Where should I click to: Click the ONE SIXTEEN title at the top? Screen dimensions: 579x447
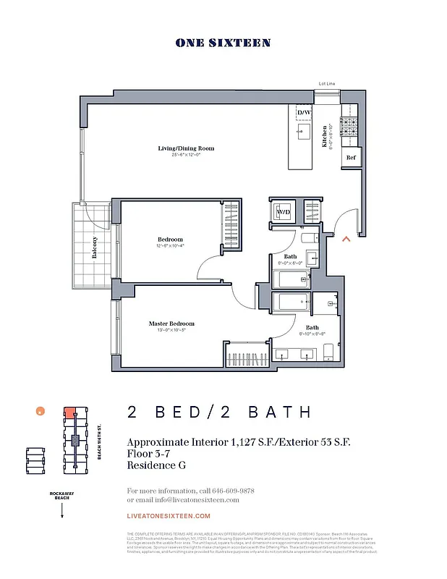pyautogui.click(x=223, y=43)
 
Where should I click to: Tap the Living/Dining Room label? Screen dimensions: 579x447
pyautogui.click(x=186, y=148)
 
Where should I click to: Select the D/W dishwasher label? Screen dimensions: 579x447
pyautogui.click(x=303, y=113)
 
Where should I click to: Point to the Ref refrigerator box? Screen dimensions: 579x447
pyautogui.click(x=351, y=157)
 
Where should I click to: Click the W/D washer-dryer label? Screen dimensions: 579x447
pyautogui.click(x=284, y=212)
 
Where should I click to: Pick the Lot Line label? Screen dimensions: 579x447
pyautogui.click(x=327, y=84)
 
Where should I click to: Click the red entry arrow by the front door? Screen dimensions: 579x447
pyautogui.click(x=346, y=237)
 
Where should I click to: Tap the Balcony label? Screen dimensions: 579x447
pyautogui.click(x=95, y=248)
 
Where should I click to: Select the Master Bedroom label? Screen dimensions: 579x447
pyautogui.click(x=171, y=324)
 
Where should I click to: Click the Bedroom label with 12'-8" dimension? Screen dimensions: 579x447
pyautogui.click(x=171, y=240)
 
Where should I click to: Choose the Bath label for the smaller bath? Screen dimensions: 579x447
pyautogui.click(x=290, y=257)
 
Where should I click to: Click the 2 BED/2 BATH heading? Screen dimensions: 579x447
pyautogui.click(x=219, y=413)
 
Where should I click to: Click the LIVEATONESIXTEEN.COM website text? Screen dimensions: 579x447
pyautogui.click(x=169, y=516)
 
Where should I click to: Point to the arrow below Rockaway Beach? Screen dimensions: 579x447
pyautogui.click(x=62, y=510)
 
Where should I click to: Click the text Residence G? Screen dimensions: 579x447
pyautogui.click(x=156, y=465)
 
